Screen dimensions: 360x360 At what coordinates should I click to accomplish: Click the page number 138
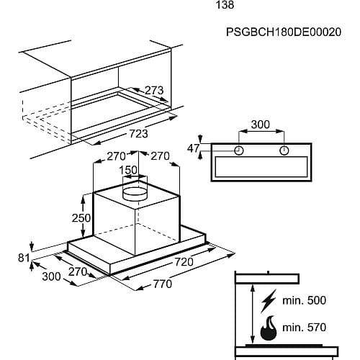225,5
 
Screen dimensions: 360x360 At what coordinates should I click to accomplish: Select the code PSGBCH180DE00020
284,32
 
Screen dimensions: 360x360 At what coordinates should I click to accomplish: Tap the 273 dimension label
154,90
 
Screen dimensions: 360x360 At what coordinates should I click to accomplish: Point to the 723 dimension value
139,134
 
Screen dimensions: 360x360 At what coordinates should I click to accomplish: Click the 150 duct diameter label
128,170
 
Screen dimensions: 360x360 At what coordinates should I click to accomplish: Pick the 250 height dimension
81,218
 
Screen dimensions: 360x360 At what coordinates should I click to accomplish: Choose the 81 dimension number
24,258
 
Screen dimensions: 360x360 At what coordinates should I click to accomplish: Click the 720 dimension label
184,262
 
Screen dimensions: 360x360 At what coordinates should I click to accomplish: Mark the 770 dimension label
163,284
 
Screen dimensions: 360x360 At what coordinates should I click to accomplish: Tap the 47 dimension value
194,148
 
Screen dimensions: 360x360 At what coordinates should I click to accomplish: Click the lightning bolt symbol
269,301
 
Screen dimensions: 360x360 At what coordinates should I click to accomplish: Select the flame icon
269,328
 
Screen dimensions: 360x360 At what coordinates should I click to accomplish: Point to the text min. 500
305,300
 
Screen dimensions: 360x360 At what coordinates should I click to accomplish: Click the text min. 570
305,328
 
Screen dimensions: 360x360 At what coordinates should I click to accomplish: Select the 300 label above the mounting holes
261,125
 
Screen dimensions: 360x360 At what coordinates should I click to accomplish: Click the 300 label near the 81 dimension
51,276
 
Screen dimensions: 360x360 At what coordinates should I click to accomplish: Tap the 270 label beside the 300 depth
78,272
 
